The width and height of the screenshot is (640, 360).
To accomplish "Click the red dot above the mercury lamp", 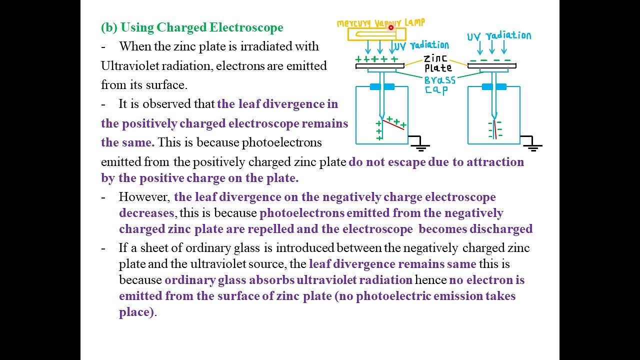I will tap(391, 28).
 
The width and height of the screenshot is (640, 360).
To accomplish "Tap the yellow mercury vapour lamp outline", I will tap(370, 34).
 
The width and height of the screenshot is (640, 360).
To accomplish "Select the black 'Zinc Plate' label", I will tap(437, 63).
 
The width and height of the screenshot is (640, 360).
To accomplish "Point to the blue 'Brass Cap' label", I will tap(440, 84).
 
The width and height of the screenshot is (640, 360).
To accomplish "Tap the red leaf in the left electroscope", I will tap(393, 123).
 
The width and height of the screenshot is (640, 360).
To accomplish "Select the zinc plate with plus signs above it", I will tap(380, 65).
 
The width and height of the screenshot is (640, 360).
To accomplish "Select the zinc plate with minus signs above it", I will tap(492, 65).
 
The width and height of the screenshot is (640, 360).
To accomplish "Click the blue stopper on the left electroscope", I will tap(382, 87).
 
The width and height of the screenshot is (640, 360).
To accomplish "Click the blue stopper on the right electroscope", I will tap(494, 87).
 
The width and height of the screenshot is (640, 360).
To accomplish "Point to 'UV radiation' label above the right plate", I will tap(499, 36).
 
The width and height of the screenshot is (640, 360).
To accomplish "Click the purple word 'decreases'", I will tap(146, 213).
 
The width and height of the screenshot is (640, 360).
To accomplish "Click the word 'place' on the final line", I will tap(134, 312).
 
